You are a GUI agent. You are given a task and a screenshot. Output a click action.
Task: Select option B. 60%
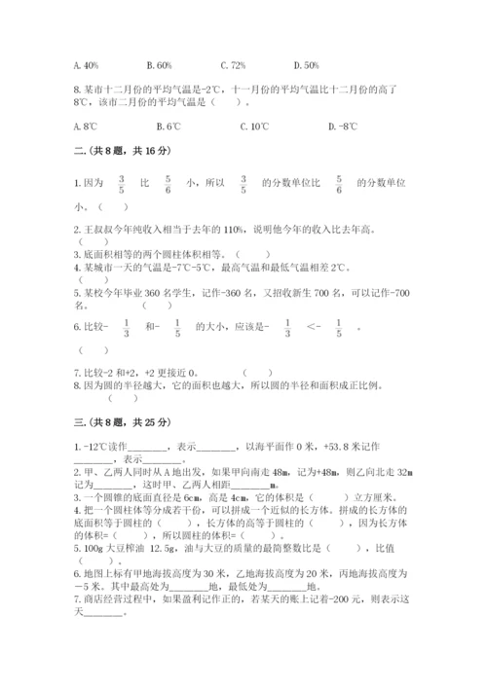(x=159, y=65)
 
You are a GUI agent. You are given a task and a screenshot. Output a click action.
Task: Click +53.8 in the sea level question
(x=367, y=446)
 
